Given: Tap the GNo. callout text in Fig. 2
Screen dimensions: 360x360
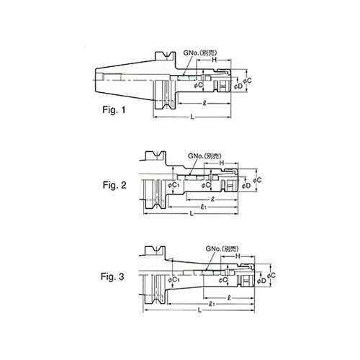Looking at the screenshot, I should [x=202, y=156].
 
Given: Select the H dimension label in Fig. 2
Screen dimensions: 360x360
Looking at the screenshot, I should [x=221, y=163].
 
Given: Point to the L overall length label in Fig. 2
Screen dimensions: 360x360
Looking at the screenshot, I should [x=190, y=214].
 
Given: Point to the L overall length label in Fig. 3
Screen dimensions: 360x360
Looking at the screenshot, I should [x=198, y=310].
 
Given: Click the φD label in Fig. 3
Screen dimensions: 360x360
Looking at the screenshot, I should [x=261, y=283].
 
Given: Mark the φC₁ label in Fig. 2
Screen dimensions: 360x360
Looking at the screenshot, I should [x=171, y=186].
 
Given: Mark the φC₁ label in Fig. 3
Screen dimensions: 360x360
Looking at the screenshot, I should [x=176, y=279].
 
